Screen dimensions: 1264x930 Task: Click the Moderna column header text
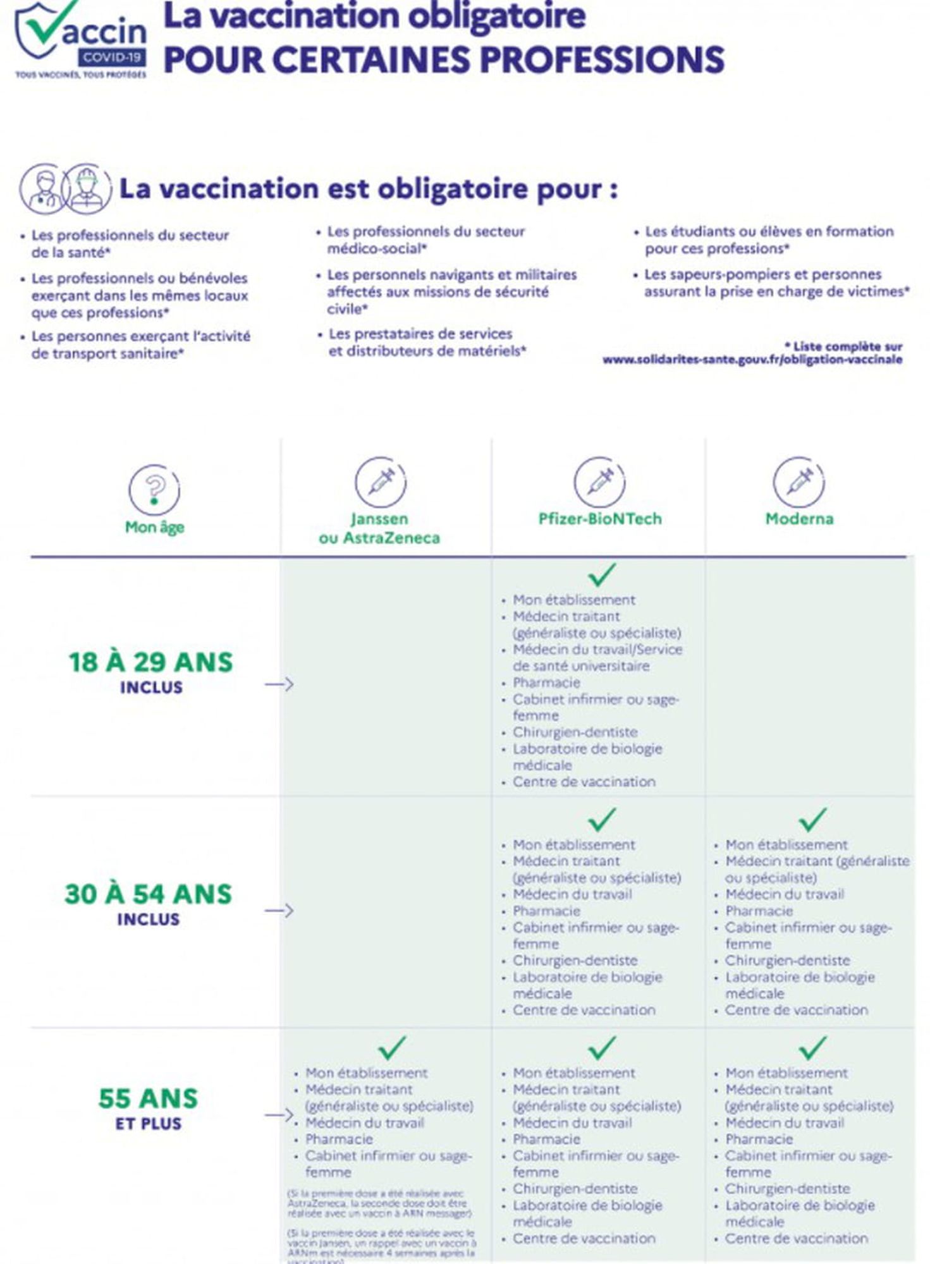(799, 519)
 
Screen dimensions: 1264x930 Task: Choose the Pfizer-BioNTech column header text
(599, 519)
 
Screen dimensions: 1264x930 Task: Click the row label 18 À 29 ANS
(150, 662)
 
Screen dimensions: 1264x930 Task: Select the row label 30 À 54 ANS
(149, 894)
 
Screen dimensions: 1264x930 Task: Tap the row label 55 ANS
(148, 1098)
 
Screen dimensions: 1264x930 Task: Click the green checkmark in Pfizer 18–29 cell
(601, 574)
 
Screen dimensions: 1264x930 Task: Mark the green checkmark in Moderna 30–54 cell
(812, 820)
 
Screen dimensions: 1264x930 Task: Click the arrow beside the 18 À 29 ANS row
(279, 684)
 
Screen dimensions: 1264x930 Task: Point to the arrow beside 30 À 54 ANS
(279, 911)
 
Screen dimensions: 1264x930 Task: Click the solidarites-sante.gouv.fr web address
(752, 360)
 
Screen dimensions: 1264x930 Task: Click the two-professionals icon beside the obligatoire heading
(65, 189)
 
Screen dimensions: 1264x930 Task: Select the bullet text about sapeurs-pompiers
(776, 283)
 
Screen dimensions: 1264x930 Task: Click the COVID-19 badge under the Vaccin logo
(113, 58)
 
